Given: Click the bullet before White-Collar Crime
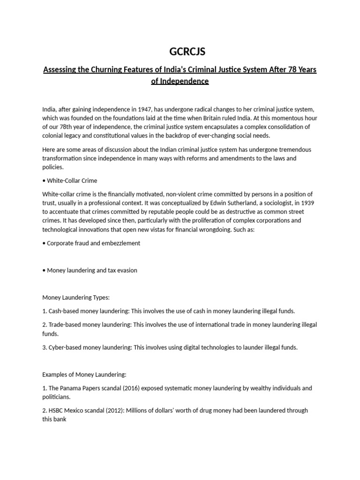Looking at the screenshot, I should tap(44, 181).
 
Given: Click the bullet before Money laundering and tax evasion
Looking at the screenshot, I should tap(44, 270).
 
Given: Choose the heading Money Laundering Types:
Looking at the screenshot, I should tap(76, 298).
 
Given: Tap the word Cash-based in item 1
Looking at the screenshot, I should tap(64, 311).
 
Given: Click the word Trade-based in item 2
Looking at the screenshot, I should tap(65, 325).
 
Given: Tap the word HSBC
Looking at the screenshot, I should tap(57, 411).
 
